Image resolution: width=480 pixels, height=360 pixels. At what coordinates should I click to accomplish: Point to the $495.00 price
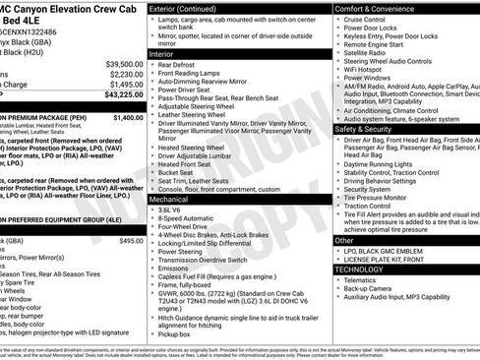[130, 240]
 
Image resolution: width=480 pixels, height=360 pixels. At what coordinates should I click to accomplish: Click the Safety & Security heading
[369, 129]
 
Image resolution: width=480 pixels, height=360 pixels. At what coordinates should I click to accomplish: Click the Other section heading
[344, 239]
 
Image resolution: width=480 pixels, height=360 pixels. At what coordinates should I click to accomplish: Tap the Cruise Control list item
[367, 20]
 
